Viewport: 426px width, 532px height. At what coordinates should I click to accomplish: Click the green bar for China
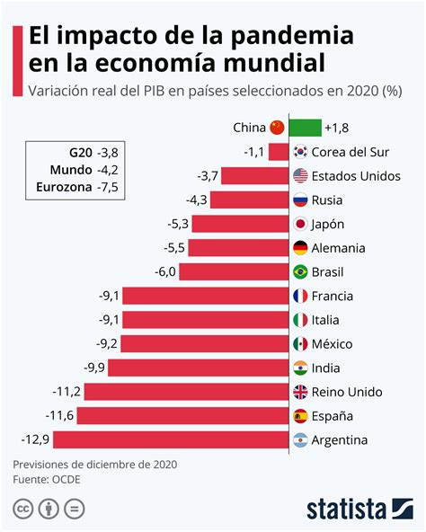click(x=306, y=128)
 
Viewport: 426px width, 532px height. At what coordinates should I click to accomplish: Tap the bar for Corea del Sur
click(x=279, y=152)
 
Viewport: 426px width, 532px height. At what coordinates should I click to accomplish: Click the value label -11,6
click(x=61, y=415)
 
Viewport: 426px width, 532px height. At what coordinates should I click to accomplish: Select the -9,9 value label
click(x=94, y=368)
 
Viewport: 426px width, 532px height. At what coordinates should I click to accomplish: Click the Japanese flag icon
click(x=302, y=224)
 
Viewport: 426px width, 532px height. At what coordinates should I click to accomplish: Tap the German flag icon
click(x=302, y=248)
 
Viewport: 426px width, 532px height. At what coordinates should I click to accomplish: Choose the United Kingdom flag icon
click(x=302, y=392)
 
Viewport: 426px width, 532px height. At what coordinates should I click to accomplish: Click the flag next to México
click(x=302, y=343)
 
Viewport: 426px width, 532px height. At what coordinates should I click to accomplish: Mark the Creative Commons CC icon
click(x=23, y=510)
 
